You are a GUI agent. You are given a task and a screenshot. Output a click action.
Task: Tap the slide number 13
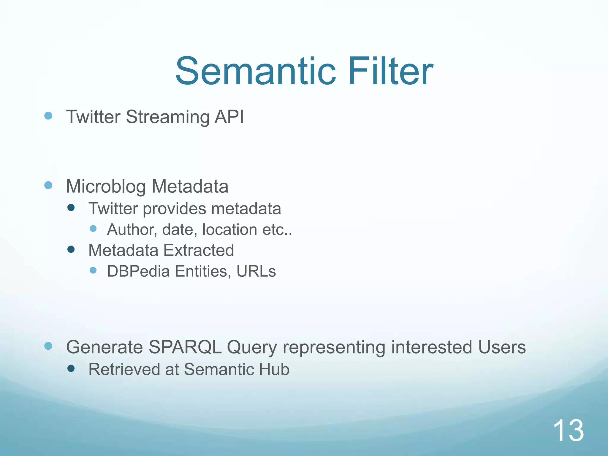tap(568, 430)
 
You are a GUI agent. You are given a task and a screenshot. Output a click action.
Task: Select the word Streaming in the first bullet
tap(167, 117)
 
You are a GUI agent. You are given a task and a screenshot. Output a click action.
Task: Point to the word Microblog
tap(106, 187)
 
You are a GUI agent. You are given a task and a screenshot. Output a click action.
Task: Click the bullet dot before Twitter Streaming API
tap(48, 115)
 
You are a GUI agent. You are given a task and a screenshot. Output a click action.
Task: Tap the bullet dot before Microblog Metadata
tap(48, 186)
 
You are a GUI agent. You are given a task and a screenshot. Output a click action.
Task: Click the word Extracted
tap(199, 250)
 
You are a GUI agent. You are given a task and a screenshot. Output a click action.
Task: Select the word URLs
tap(256, 271)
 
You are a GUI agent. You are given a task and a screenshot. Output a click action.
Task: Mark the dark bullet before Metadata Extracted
tap(71, 249)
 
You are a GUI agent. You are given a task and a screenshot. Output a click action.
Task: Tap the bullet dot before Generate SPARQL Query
tap(48, 346)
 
